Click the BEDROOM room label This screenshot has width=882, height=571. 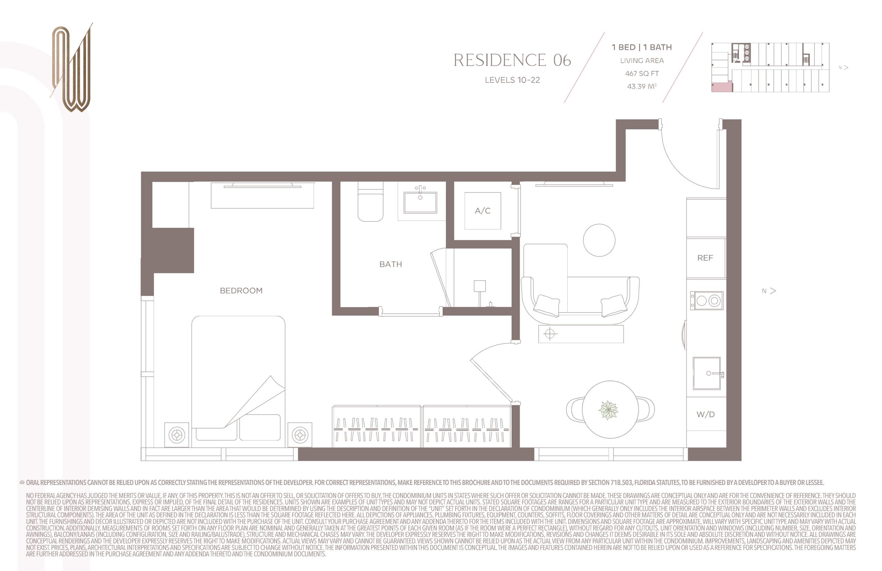(241, 291)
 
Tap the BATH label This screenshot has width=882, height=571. (390, 264)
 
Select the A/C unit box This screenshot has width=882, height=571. (483, 211)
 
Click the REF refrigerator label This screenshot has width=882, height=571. (705, 258)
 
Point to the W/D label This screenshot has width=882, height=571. (706, 414)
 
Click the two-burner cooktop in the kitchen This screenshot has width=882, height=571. (707, 301)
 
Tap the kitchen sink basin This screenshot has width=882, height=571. (706, 373)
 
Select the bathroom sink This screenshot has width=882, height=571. (420, 202)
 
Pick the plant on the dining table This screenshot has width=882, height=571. (608, 410)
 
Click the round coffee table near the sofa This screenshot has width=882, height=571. (599, 240)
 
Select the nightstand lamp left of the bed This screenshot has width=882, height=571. (177, 434)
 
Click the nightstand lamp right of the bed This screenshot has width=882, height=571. (300, 434)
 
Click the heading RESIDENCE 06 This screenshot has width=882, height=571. (512, 60)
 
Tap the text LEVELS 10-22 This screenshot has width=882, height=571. (512, 80)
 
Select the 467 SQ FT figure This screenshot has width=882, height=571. (642, 73)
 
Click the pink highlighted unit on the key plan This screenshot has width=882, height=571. (721, 87)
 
